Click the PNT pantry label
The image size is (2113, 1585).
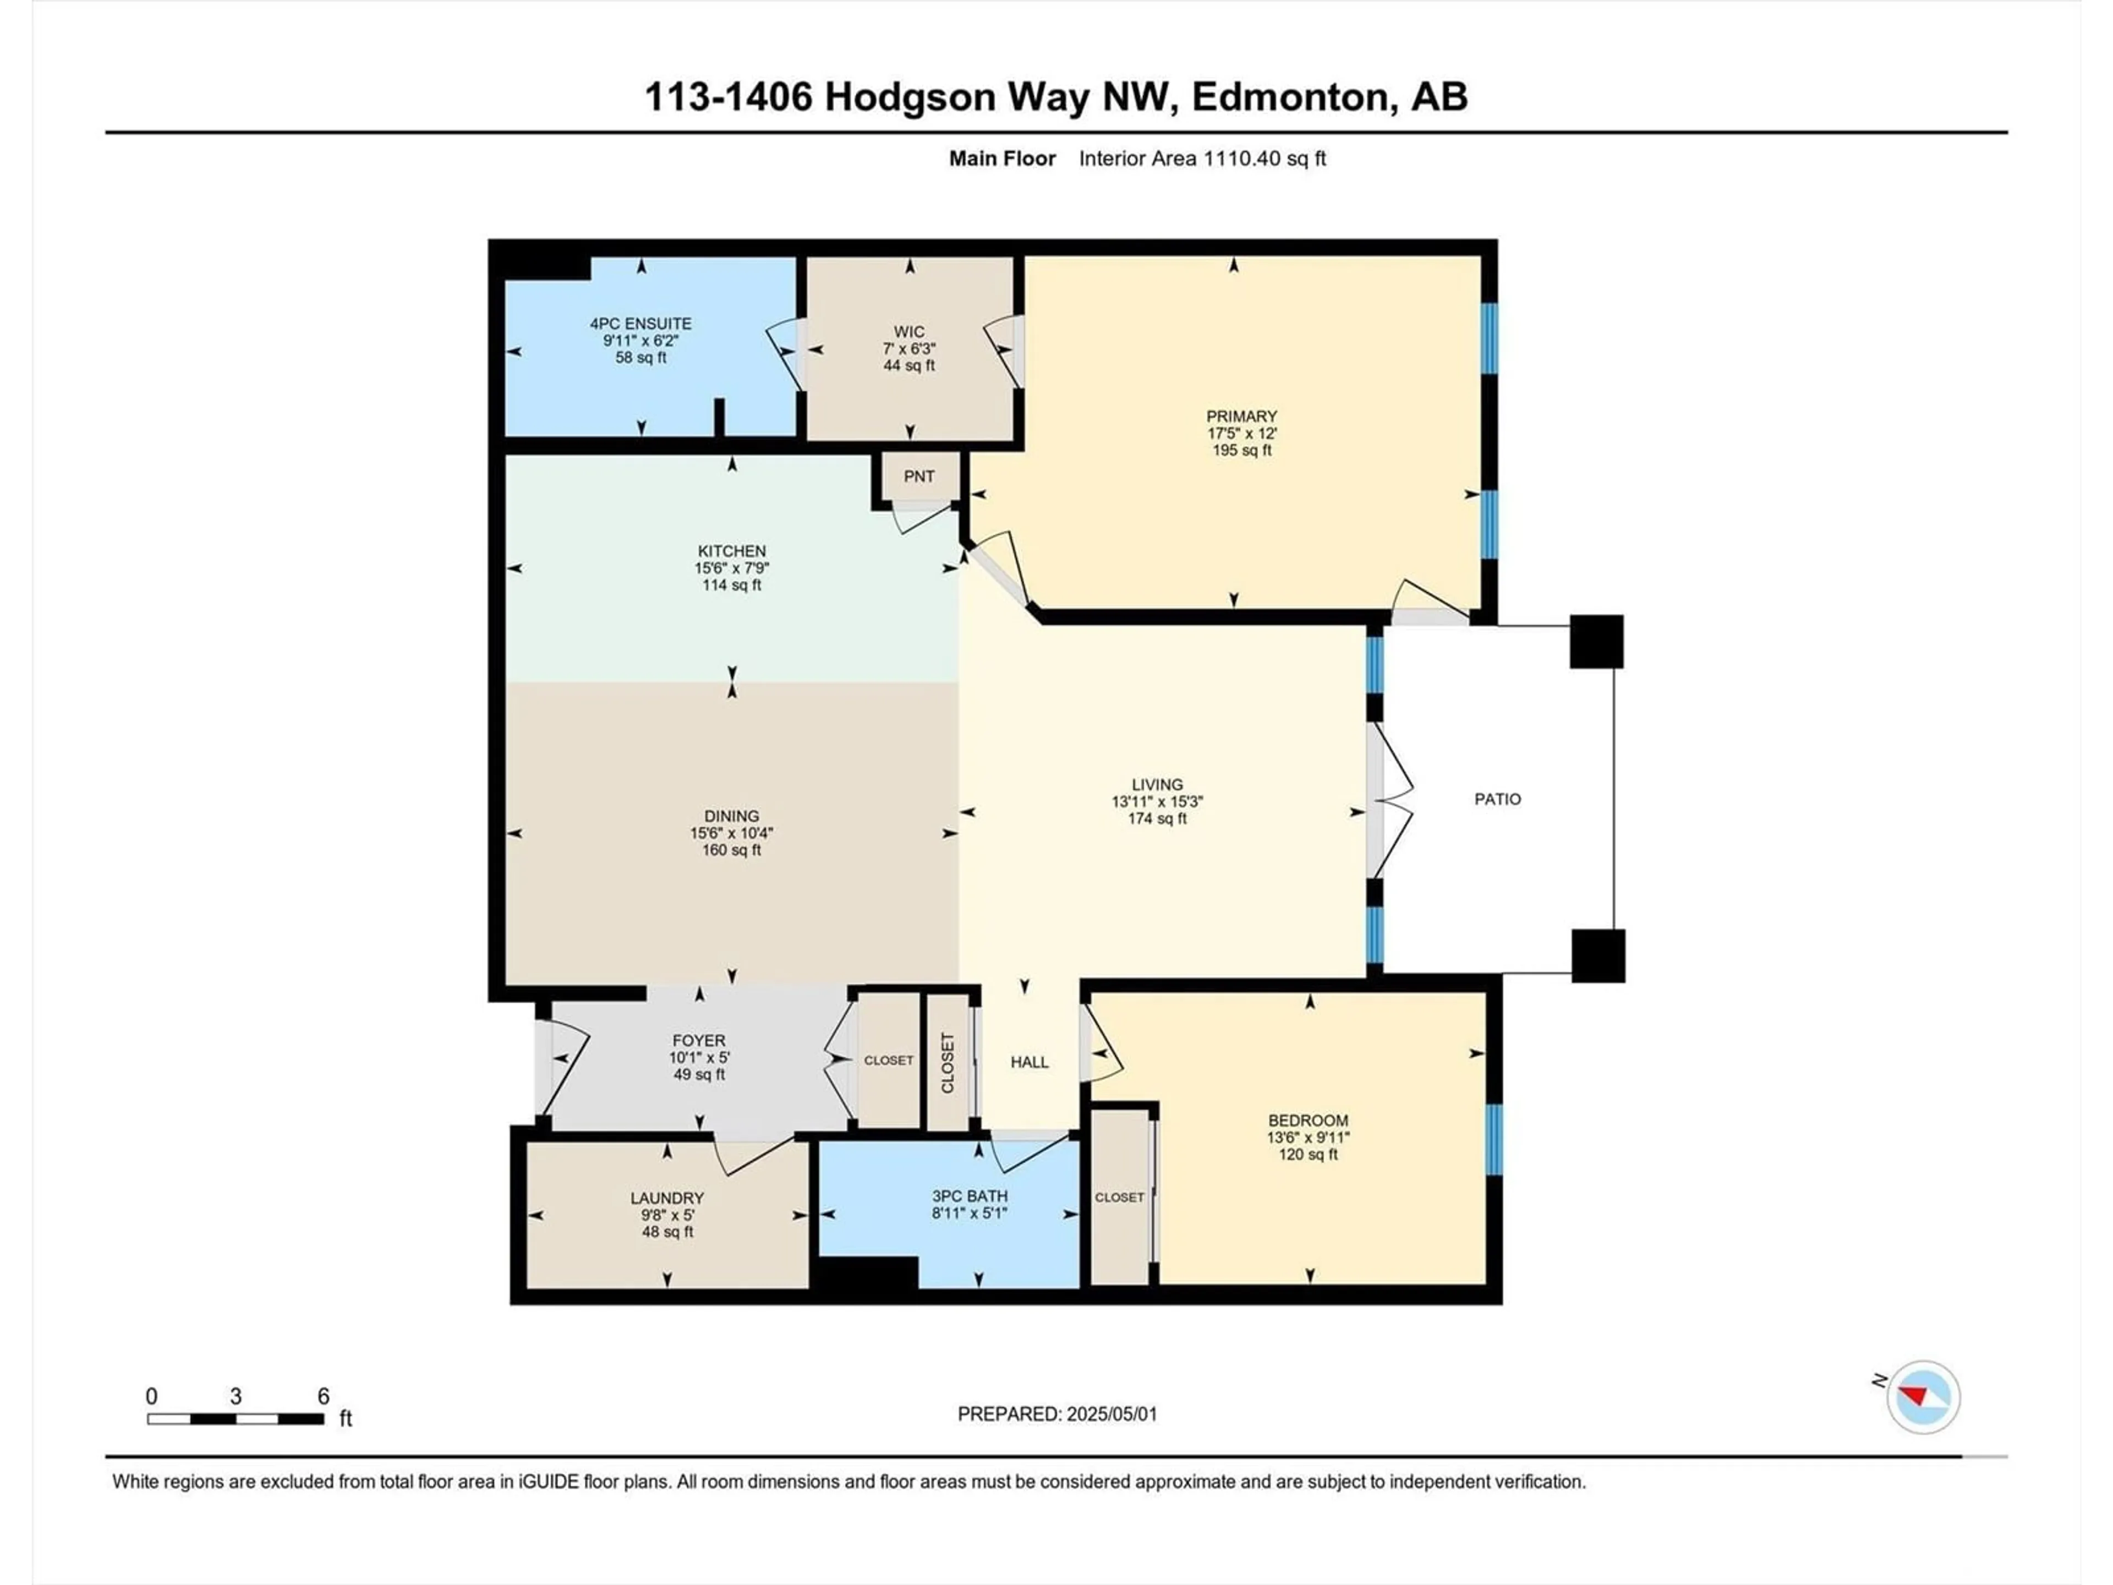point(919,477)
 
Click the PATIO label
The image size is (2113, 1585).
point(1497,799)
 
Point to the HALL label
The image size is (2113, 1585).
point(1030,1062)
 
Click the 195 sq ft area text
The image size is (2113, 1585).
point(1242,450)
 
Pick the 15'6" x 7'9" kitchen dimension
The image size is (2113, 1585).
point(732,567)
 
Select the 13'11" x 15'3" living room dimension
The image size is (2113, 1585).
point(1157,801)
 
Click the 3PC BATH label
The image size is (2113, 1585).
point(970,1196)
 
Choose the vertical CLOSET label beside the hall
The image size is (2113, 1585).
point(948,1062)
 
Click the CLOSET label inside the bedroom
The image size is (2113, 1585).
point(1120,1197)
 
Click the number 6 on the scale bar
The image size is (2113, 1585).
point(324,1396)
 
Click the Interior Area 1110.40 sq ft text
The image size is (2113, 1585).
point(1203,158)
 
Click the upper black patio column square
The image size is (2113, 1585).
point(1596,641)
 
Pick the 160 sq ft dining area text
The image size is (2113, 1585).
point(732,849)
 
